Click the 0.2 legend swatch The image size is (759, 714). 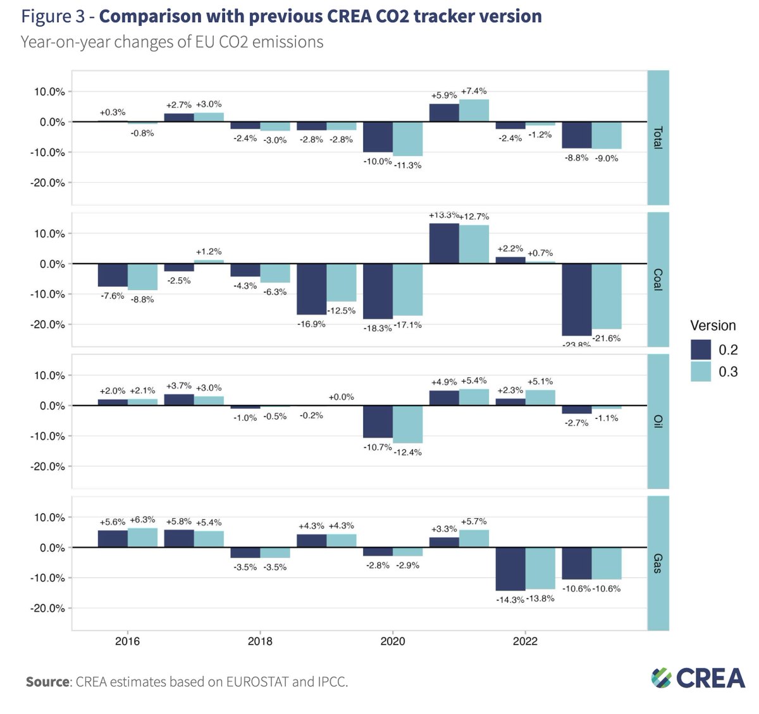click(701, 349)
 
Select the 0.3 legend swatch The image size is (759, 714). click(701, 372)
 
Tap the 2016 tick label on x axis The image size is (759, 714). click(127, 641)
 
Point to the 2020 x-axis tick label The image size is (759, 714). click(392, 641)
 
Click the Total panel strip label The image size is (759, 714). click(658, 138)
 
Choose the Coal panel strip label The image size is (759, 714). click(658, 279)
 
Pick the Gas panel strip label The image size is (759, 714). click(658, 563)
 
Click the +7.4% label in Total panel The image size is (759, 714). click(474, 91)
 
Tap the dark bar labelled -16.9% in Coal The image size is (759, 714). click(312, 289)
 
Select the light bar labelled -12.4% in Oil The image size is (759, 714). click(407, 424)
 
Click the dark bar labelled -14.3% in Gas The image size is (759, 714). click(510, 569)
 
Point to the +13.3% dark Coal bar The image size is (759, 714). click(444, 243)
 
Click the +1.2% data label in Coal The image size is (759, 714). click(209, 251)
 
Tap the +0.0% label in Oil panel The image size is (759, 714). click(342, 397)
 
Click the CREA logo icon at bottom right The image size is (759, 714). click(662, 678)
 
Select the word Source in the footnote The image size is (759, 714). click(47, 682)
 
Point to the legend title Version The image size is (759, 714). click(713, 325)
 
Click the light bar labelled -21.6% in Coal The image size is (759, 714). click(607, 296)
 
